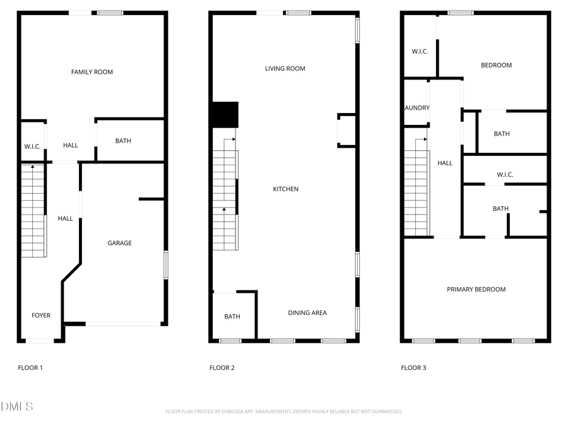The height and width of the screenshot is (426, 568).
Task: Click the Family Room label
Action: click(x=92, y=72)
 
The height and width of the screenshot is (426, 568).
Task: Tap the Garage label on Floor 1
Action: click(x=119, y=243)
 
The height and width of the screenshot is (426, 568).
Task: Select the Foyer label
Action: click(x=41, y=316)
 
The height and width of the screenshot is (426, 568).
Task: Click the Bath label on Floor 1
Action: click(x=123, y=141)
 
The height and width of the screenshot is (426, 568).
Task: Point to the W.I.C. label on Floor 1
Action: click(x=32, y=146)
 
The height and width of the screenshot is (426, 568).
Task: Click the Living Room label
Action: click(x=285, y=69)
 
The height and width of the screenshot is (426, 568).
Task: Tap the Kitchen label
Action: click(x=285, y=189)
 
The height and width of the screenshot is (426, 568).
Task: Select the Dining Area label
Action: click(x=307, y=312)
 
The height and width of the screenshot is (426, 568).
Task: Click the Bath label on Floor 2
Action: click(x=232, y=317)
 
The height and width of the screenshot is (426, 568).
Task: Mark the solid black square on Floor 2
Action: click(x=225, y=114)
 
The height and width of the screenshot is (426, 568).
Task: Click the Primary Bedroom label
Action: click(x=476, y=289)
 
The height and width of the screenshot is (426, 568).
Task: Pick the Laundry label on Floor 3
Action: click(x=417, y=108)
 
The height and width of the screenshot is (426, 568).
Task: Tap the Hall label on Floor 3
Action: click(x=445, y=163)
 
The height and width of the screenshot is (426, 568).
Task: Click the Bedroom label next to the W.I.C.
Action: click(x=496, y=65)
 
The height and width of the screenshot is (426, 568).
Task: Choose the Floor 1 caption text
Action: click(x=30, y=367)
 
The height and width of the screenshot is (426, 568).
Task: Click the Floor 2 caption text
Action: click(x=222, y=367)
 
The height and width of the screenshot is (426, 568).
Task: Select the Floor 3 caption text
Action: click(x=413, y=367)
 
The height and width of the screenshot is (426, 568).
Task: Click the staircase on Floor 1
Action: click(x=33, y=210)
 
